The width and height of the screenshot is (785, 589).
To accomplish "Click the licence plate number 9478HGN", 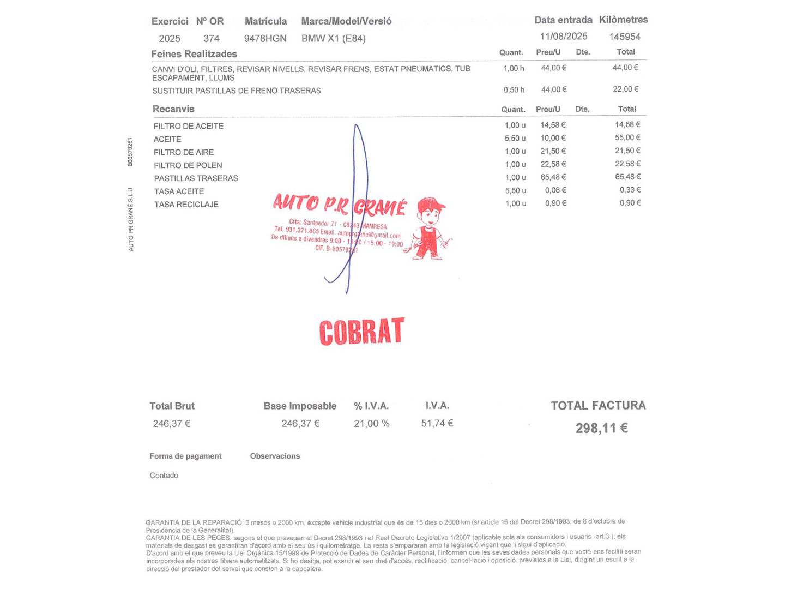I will (x=265, y=38).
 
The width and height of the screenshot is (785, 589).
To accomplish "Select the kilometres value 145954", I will (x=625, y=37).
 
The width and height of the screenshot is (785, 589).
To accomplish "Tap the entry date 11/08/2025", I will (x=564, y=36).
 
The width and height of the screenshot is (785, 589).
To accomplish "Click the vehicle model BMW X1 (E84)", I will (x=334, y=38).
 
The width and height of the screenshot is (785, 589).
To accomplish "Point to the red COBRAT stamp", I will (x=361, y=332).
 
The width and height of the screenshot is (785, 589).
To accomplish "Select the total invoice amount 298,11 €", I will (x=602, y=428).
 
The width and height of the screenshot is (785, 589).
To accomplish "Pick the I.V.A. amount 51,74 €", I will (x=437, y=423).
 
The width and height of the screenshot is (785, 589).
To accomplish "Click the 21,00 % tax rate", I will (x=372, y=424).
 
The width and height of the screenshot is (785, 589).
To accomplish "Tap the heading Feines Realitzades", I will (x=194, y=54).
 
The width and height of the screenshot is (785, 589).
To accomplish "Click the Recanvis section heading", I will (x=173, y=109).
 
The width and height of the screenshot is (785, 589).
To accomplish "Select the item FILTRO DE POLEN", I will (x=188, y=165).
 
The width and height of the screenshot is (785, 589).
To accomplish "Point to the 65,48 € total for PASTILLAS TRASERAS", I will (x=627, y=177).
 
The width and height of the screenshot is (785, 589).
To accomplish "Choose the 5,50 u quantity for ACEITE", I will (x=515, y=139).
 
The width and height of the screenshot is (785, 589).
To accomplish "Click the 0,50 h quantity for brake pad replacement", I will (x=514, y=89).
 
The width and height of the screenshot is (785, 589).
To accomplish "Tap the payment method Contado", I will (x=164, y=476).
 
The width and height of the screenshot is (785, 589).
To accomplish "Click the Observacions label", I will (x=275, y=456).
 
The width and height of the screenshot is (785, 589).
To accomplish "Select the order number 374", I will (x=212, y=38).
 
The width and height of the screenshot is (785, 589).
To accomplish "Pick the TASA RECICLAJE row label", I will (x=186, y=205).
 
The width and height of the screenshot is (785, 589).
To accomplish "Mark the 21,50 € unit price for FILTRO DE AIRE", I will (x=553, y=151).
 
